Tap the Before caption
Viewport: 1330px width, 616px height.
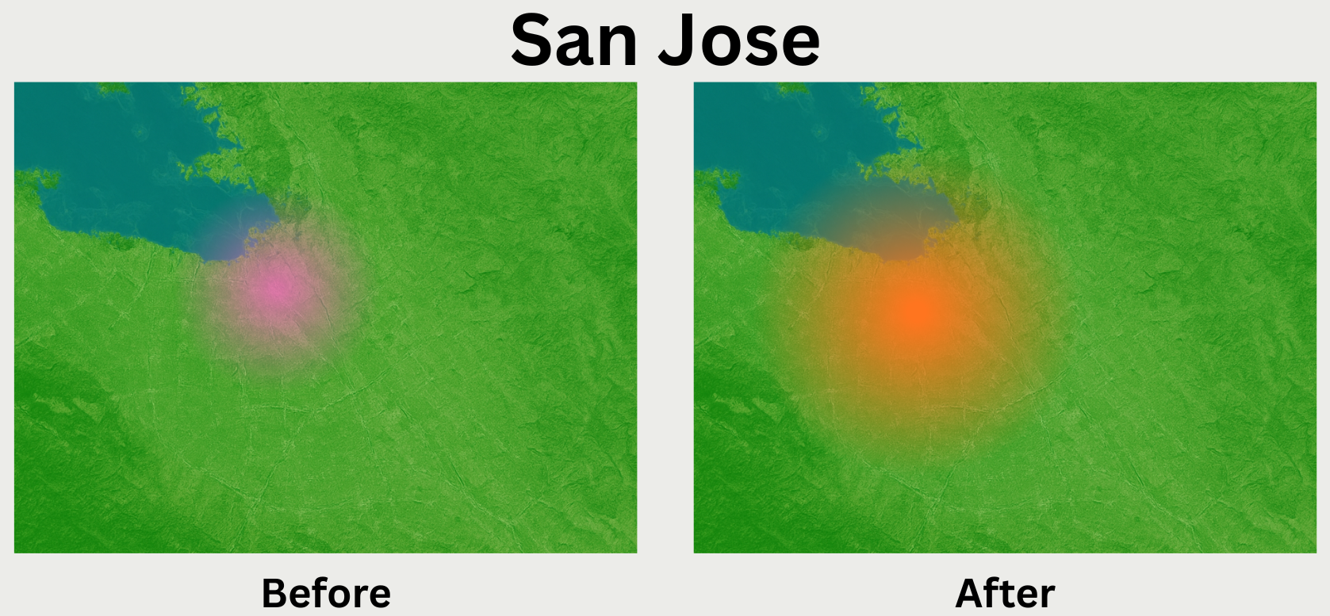click(x=326, y=593)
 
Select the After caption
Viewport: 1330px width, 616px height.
click(x=1005, y=593)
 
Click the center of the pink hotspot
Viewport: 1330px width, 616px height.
click(x=272, y=291)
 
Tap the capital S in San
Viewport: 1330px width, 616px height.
click(x=534, y=41)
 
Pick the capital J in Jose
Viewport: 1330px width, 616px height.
click(x=678, y=41)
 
